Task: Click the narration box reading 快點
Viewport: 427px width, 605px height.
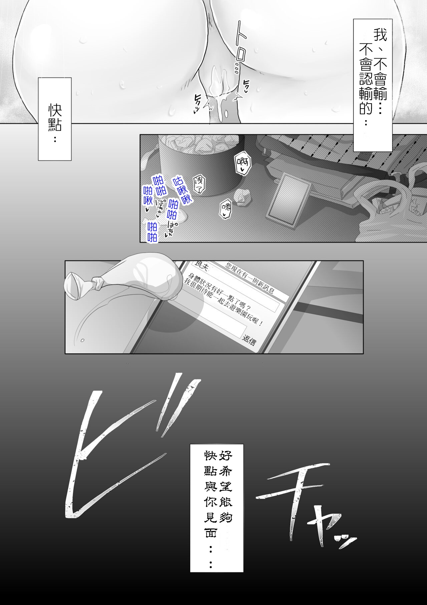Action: pyautogui.click(x=55, y=119)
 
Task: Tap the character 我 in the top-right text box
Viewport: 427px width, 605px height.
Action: pyautogui.click(x=380, y=35)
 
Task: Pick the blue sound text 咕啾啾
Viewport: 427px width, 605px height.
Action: pyautogui.click(x=182, y=189)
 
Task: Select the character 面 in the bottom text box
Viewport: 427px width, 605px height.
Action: pyautogui.click(x=211, y=533)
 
